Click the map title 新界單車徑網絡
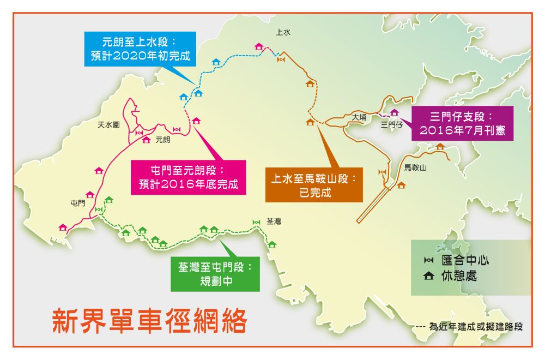[x=149, y=321]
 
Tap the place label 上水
[x=283, y=33]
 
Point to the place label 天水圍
[x=108, y=125]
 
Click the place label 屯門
[x=78, y=203]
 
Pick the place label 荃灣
[x=274, y=222]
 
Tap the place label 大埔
[x=360, y=117]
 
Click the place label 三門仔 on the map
[x=391, y=125]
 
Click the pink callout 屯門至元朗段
[x=188, y=176]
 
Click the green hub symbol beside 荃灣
[x=257, y=222]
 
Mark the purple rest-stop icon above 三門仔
[x=395, y=112]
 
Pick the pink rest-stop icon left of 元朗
[x=146, y=140]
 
